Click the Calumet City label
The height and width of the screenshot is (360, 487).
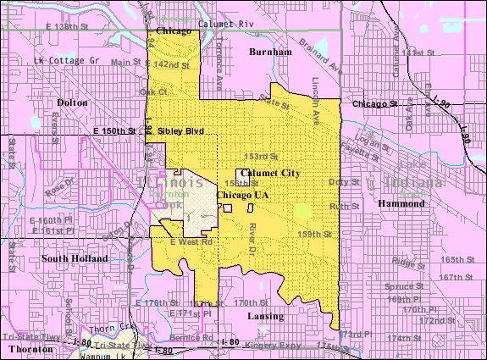(x=271, y=172)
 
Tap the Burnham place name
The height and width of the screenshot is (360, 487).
(x=271, y=52)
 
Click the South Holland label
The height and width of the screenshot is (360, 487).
(x=74, y=258)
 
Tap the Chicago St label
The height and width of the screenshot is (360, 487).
(x=374, y=104)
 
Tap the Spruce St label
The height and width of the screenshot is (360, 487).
(x=408, y=286)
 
